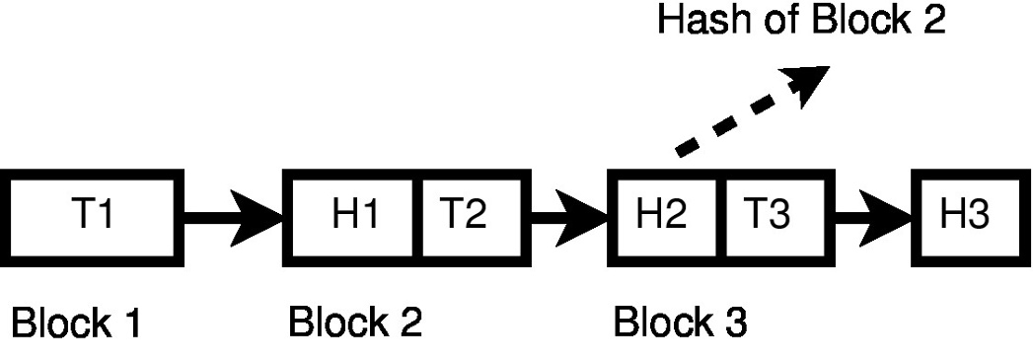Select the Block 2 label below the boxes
pos(355,322)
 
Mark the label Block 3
pos(680,322)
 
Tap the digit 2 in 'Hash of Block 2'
pos(931,22)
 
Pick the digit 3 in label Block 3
pos(735,322)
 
